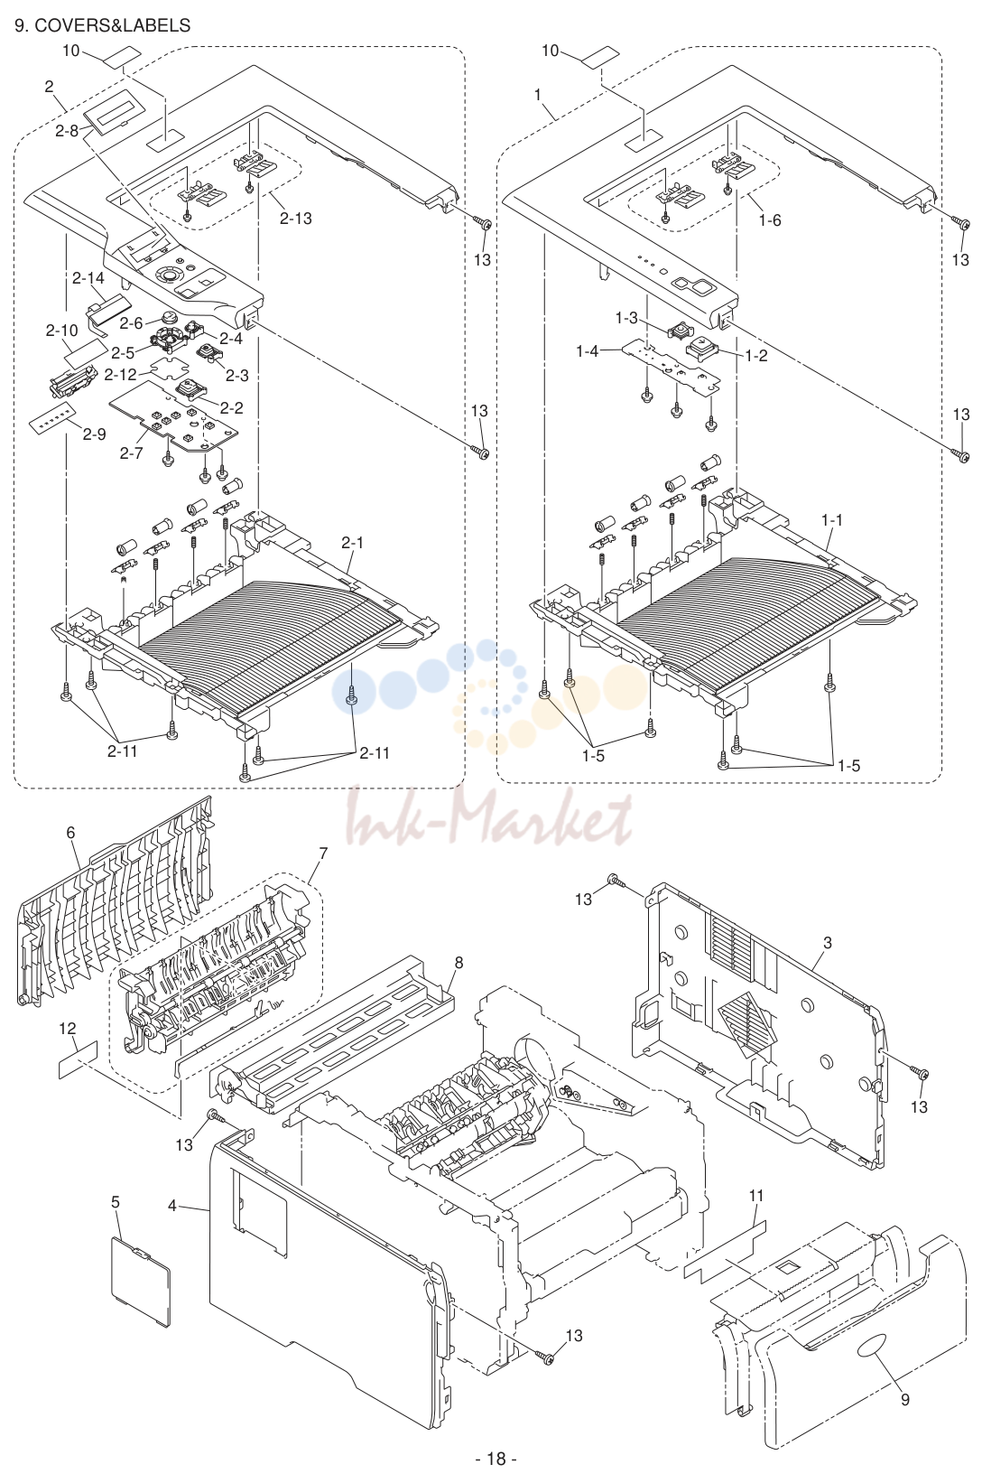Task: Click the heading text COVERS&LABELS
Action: click(112, 26)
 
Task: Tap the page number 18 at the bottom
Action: click(496, 1459)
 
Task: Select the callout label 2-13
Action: click(295, 219)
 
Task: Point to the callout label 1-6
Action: click(770, 220)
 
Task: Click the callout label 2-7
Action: click(131, 453)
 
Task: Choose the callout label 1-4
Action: click(587, 351)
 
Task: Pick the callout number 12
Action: click(68, 1029)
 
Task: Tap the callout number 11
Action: click(756, 1196)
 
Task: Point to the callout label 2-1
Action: click(353, 542)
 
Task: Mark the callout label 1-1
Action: click(832, 521)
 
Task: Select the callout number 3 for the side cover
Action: click(827, 943)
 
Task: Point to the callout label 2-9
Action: click(94, 434)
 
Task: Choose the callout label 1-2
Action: click(756, 356)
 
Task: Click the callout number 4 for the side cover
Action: click(172, 1207)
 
